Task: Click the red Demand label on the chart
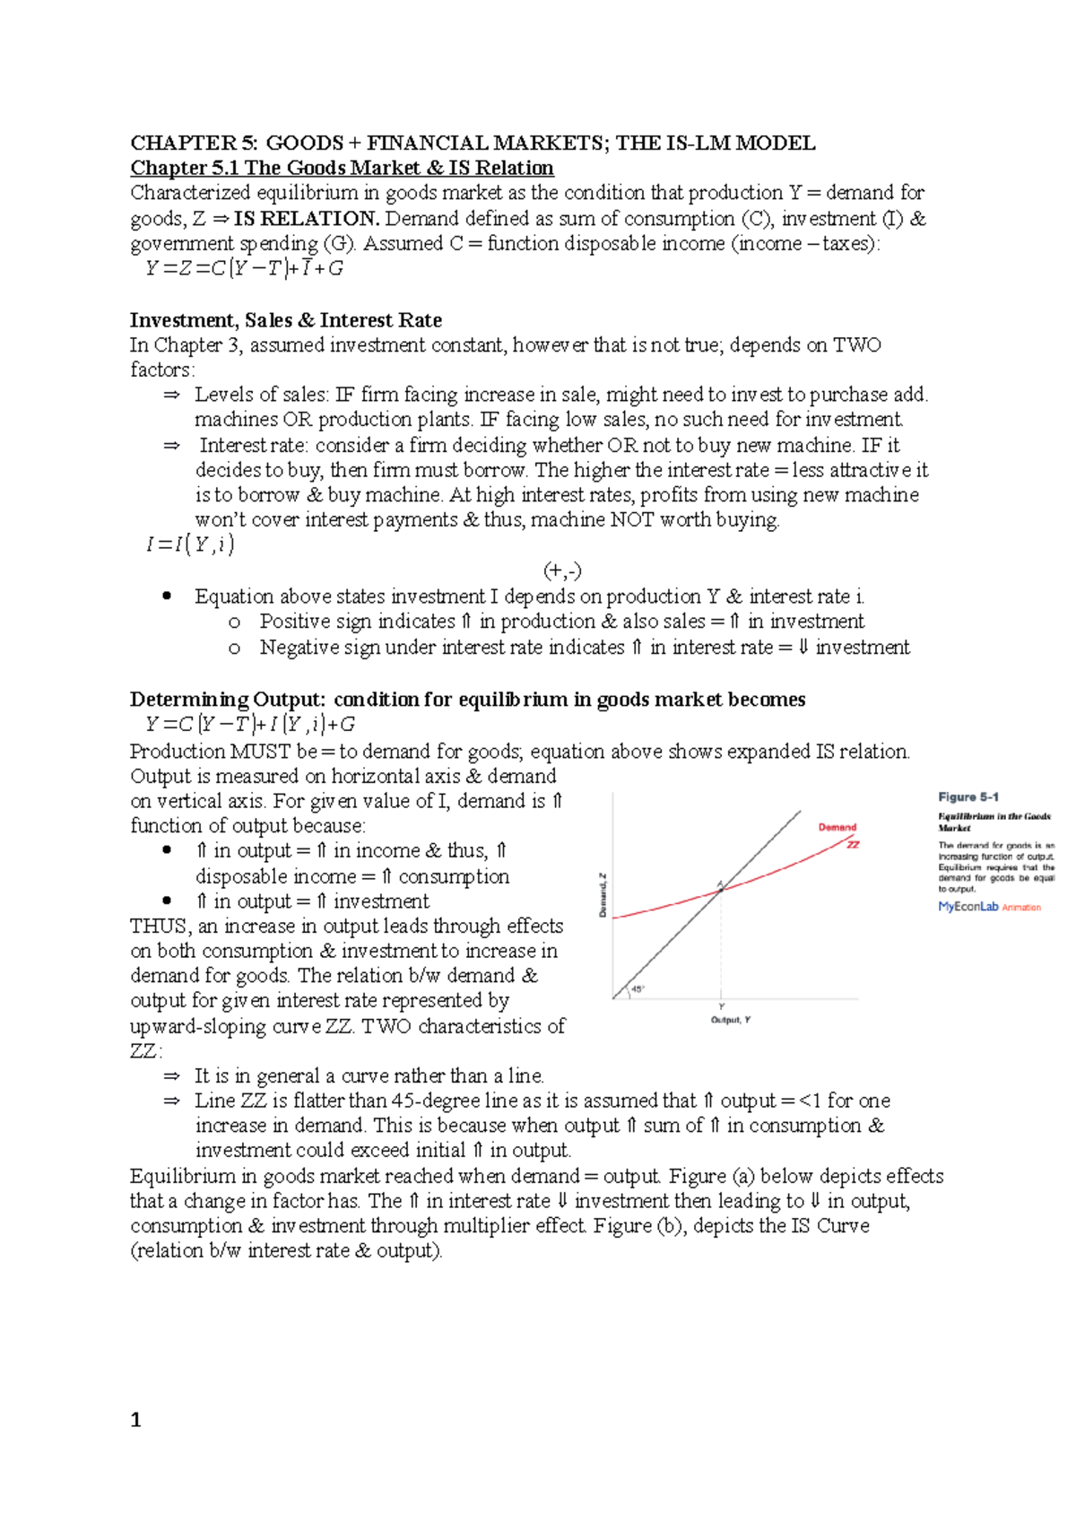837,827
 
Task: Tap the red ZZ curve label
853,844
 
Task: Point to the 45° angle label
637,989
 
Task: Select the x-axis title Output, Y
730,1020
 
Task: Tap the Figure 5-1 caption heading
968,796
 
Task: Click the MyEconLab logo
968,907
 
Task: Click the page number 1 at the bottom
135,1419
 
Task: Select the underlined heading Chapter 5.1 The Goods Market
342,168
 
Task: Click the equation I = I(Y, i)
189,544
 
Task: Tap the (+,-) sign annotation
562,570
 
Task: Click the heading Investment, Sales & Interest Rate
285,320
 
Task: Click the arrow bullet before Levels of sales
171,395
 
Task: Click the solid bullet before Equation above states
167,596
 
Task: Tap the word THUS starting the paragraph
160,926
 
